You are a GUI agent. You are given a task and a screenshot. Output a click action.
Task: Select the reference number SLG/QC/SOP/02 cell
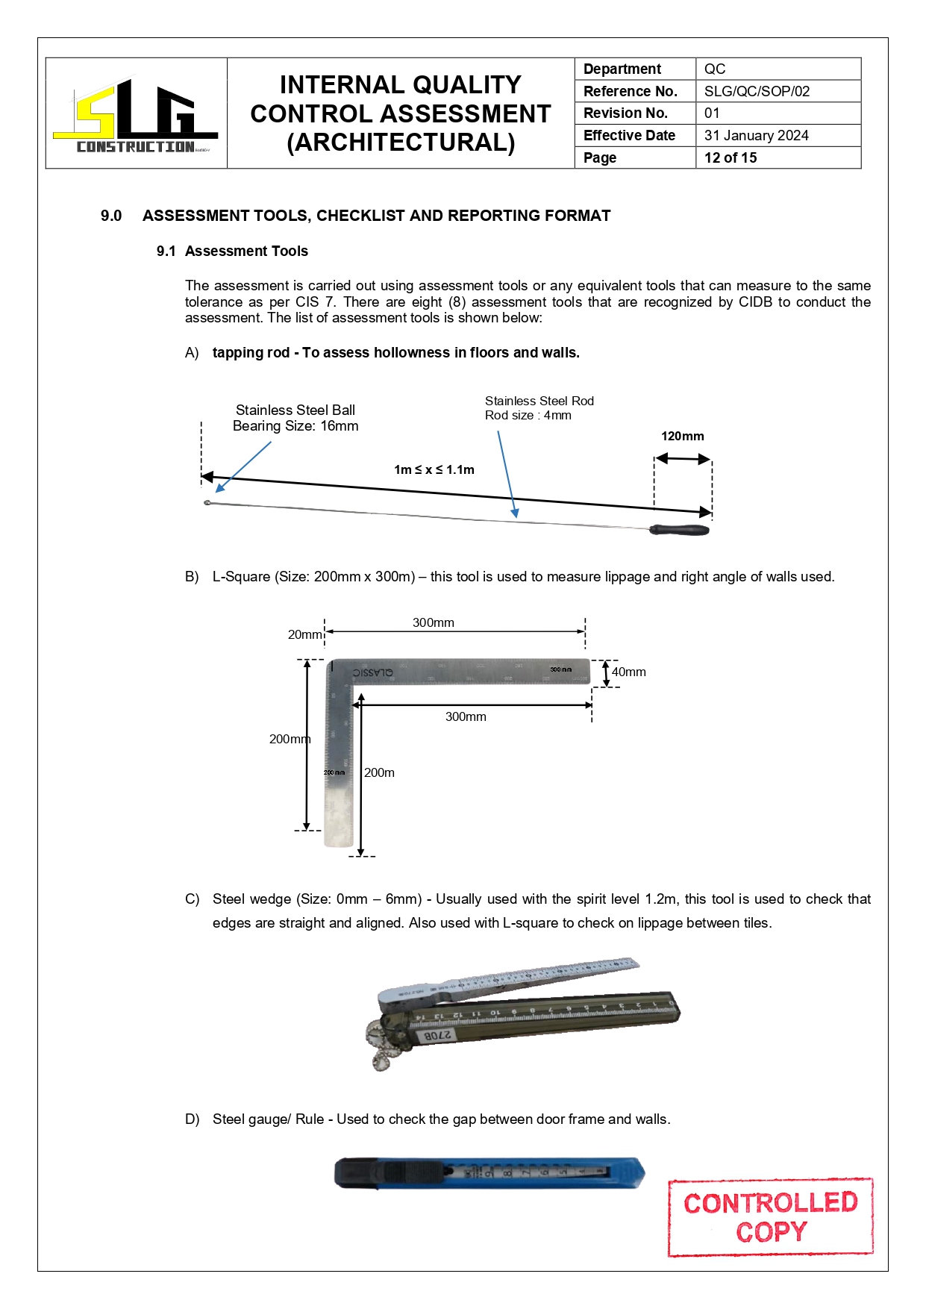pos(757,91)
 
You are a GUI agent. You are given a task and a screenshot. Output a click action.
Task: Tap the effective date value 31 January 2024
pos(756,135)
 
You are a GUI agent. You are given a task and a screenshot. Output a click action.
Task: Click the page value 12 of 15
pos(731,157)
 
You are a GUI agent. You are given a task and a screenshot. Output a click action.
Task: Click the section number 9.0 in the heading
pos(111,216)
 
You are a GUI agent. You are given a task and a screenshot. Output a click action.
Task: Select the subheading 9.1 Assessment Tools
pos(232,251)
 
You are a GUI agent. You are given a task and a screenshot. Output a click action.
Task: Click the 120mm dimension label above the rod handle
pos(682,436)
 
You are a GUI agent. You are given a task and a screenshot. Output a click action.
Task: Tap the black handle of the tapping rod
pos(679,530)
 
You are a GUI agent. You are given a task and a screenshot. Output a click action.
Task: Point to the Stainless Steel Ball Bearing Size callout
pos(295,418)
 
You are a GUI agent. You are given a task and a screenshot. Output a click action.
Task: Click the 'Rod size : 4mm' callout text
pos(528,416)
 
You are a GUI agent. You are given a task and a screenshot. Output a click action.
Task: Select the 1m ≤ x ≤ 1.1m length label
pos(434,469)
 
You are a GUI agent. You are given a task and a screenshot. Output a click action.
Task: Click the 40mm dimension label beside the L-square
pos(629,672)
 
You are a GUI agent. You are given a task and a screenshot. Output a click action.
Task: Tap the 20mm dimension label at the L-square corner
pos(304,634)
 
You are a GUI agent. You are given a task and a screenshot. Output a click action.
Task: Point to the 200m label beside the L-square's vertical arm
pos(379,772)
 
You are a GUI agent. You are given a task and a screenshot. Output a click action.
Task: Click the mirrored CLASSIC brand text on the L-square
pos(373,672)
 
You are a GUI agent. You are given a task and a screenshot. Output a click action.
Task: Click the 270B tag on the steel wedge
pos(437,1035)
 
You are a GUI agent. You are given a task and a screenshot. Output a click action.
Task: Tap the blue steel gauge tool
pos(489,1172)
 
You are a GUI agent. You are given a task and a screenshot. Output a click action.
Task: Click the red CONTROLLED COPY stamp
pos(770,1216)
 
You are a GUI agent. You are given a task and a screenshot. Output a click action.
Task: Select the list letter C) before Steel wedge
pos(192,899)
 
